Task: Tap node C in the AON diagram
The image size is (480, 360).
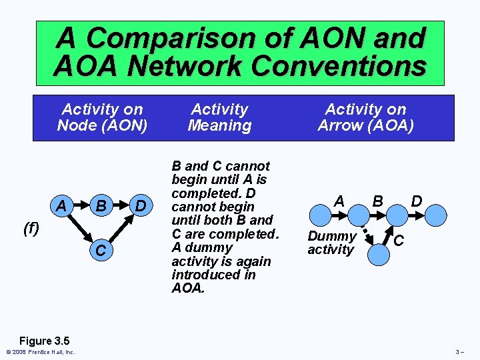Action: point(101,249)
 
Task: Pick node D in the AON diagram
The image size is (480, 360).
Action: point(139,206)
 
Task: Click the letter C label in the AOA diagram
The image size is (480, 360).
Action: point(398,240)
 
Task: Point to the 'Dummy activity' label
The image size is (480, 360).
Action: point(331,243)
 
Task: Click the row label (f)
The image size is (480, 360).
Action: point(31,229)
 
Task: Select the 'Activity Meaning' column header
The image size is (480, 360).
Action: point(219,117)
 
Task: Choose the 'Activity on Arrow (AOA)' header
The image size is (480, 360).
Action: point(365,117)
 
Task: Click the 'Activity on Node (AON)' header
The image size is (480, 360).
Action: point(102,117)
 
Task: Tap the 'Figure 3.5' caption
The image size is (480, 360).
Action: point(43,340)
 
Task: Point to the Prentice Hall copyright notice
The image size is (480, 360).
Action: point(40,352)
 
